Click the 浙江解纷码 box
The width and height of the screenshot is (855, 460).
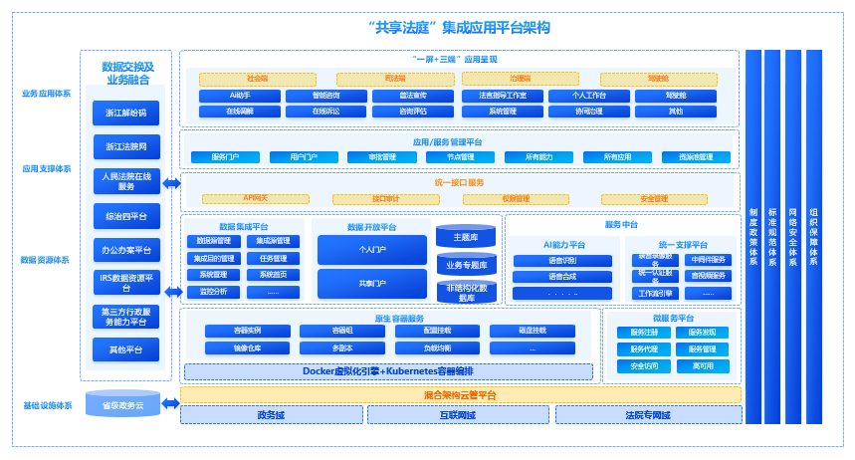(125, 113)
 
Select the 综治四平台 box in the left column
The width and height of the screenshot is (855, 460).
(125, 215)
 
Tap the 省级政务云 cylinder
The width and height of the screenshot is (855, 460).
(122, 404)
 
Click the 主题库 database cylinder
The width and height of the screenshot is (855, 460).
(466, 237)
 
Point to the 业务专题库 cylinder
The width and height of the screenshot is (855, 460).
(466, 265)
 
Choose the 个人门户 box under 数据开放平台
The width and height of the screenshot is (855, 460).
(371, 250)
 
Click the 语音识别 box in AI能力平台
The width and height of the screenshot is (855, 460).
(548, 261)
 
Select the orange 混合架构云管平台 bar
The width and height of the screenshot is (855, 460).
(460, 395)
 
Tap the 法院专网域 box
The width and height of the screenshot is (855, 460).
(647, 415)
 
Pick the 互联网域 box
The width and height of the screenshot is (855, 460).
(459, 415)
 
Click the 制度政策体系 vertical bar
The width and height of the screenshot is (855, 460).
(753, 236)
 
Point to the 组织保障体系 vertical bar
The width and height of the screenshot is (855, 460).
(814, 236)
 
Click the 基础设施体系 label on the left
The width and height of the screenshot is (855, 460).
(47, 405)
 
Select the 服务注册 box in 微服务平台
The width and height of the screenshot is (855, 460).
(644, 333)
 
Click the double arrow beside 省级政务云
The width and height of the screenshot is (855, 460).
(170, 403)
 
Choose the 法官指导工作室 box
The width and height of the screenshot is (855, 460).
(503, 97)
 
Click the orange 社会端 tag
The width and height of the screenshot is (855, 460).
(258, 79)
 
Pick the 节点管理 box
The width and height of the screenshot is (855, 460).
(460, 157)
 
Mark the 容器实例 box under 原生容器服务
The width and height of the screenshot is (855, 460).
(248, 332)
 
